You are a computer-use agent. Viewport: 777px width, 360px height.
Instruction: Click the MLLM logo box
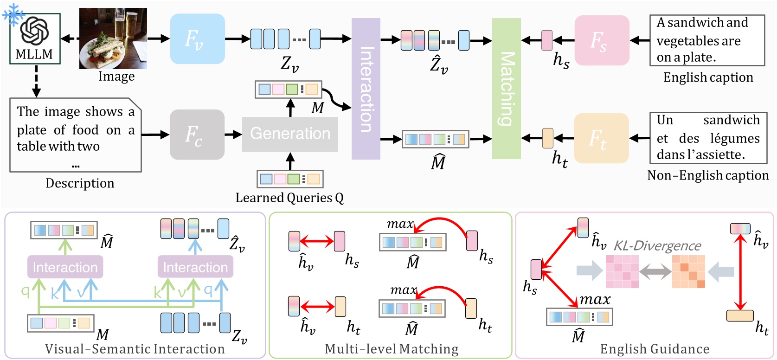click(35, 39)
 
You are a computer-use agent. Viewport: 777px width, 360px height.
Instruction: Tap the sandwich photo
click(113, 39)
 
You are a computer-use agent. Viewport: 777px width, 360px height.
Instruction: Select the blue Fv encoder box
click(197, 39)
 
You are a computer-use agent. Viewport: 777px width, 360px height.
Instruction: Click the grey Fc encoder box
click(197, 135)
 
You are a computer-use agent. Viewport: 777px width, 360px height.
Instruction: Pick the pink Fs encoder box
click(602, 40)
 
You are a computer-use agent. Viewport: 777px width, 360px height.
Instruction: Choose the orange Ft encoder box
click(601, 138)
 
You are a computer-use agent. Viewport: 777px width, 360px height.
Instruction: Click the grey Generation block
click(290, 134)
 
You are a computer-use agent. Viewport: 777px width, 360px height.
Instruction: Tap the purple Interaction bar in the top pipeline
click(366, 89)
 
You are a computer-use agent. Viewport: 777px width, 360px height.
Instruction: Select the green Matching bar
click(506, 89)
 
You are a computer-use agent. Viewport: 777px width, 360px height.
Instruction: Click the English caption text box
click(707, 40)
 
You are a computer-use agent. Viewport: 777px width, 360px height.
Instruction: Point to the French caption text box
click(708, 138)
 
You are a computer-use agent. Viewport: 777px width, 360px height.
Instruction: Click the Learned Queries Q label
click(289, 198)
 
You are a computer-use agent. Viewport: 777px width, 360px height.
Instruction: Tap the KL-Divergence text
click(657, 245)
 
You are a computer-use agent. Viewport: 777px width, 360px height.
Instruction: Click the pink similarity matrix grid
click(622, 271)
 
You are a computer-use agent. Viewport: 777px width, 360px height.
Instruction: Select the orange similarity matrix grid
click(688, 271)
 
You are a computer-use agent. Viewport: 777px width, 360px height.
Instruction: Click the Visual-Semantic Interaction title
click(135, 349)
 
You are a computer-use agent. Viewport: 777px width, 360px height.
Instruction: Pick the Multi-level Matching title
click(392, 349)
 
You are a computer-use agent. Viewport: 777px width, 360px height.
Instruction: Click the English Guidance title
click(655, 349)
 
